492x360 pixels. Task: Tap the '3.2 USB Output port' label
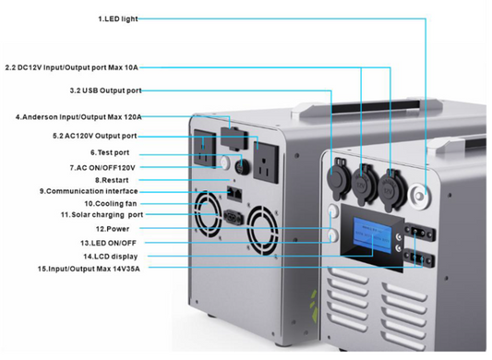coord(104,90)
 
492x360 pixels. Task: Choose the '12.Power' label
coord(111,228)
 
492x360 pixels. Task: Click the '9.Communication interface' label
coord(89,191)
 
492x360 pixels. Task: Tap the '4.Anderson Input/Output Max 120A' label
coord(78,117)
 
